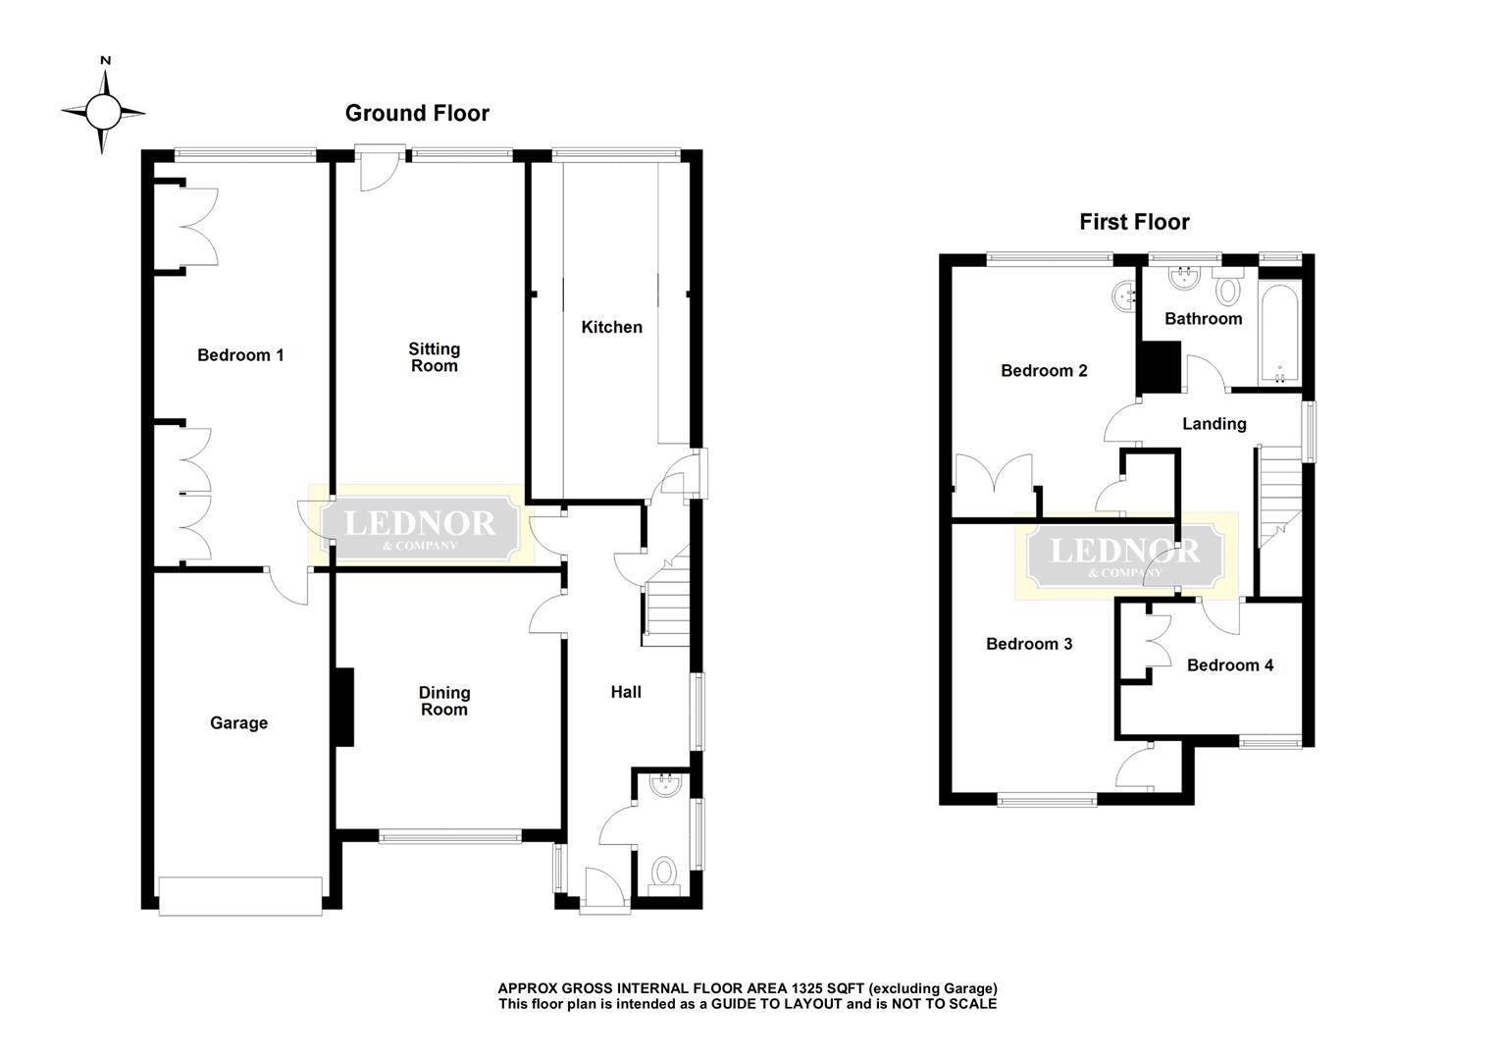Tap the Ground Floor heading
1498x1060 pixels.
(x=417, y=113)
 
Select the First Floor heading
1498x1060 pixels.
(x=1134, y=222)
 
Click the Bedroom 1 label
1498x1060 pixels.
(x=240, y=355)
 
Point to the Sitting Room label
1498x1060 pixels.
(x=434, y=357)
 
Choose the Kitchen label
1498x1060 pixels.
(x=611, y=327)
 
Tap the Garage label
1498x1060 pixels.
(x=238, y=723)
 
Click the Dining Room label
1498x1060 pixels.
(x=443, y=701)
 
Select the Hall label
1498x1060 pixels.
(x=626, y=692)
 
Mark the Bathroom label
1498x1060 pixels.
(x=1203, y=319)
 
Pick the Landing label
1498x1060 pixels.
(x=1214, y=424)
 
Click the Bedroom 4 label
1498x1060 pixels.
(x=1230, y=665)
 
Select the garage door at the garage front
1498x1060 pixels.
(x=240, y=896)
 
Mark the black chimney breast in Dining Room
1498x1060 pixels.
(x=343, y=708)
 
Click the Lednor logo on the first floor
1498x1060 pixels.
(x=1125, y=556)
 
